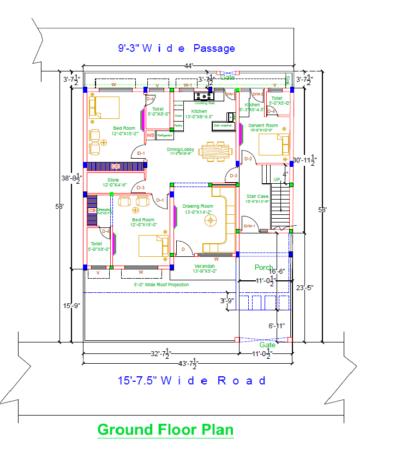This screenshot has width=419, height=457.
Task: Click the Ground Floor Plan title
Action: tap(165, 430)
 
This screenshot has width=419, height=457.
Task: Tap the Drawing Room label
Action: tap(197, 206)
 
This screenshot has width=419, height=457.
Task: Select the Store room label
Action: tap(113, 180)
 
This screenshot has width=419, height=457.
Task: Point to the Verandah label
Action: tap(206, 266)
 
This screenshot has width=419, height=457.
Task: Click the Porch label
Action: tap(264, 268)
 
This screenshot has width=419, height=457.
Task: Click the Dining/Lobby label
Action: tap(181, 149)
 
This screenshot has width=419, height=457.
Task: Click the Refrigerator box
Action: tap(164, 135)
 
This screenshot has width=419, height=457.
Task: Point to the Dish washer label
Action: tap(223, 125)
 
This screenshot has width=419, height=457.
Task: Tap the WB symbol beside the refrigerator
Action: tap(150, 135)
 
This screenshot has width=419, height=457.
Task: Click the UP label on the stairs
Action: tap(277, 179)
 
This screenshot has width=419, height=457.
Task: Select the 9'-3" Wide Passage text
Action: tap(177, 49)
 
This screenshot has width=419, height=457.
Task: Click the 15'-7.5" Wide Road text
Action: tap(192, 381)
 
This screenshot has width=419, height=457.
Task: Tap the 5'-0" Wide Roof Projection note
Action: tap(161, 285)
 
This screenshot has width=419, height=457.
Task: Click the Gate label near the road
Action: tap(267, 345)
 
